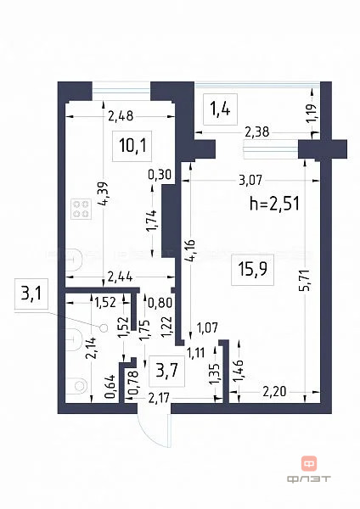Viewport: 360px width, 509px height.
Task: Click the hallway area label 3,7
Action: point(165,369)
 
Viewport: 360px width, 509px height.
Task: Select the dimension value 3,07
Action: point(254,180)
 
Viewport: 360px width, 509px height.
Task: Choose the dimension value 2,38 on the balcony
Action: point(258,131)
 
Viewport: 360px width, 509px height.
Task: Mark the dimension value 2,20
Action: point(275,392)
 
